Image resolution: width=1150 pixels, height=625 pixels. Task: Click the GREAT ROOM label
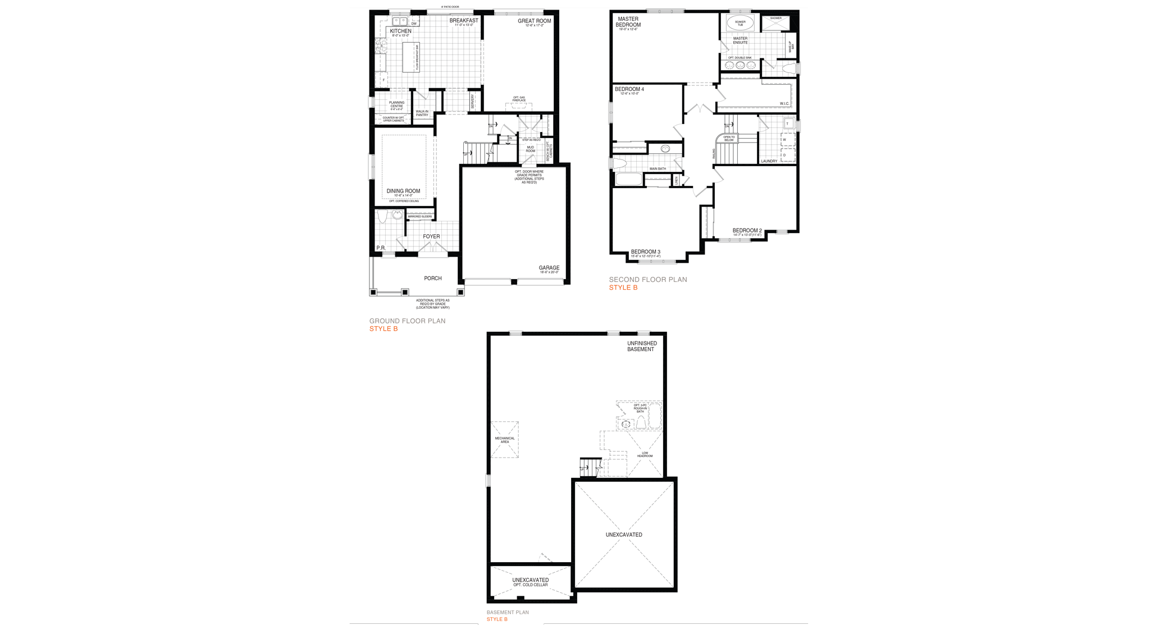click(534, 21)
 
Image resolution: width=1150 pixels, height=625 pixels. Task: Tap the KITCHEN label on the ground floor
click(400, 31)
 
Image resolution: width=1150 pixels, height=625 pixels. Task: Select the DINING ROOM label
click(403, 191)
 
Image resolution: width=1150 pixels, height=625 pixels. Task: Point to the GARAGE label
click(549, 268)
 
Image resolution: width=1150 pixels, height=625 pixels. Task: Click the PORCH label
click(432, 279)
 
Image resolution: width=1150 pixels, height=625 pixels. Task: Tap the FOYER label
click(431, 236)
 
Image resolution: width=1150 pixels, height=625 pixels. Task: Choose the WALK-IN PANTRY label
click(422, 113)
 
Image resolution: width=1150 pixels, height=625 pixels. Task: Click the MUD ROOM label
click(530, 149)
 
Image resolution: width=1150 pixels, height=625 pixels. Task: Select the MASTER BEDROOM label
click(628, 22)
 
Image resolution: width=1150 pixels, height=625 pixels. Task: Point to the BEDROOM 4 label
click(629, 89)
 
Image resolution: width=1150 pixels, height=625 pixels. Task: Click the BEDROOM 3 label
click(645, 252)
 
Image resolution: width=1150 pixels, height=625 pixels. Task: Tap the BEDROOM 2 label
click(747, 231)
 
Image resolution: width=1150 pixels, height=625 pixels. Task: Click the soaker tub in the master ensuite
click(740, 23)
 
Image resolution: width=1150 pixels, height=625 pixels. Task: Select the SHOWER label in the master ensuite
click(775, 19)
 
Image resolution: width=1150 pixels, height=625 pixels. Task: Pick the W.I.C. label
click(784, 104)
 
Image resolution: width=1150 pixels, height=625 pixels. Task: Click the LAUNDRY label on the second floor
click(769, 161)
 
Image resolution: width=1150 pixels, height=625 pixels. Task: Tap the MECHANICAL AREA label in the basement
click(504, 440)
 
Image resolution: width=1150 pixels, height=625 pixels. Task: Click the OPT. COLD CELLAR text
click(530, 585)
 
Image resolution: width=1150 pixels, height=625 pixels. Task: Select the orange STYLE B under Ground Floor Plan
click(384, 329)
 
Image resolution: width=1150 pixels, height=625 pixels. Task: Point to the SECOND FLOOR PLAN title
click(648, 280)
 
